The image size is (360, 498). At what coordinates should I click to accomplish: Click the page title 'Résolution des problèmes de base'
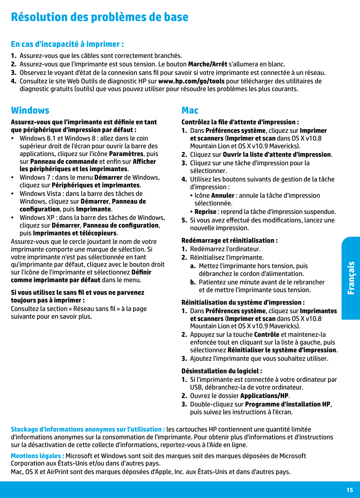click(x=100, y=17)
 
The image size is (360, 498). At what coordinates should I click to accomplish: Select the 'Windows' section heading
click(x=30, y=110)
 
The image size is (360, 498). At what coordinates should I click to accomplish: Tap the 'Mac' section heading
click(x=190, y=110)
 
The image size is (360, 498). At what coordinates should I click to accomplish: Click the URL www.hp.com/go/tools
click(x=191, y=81)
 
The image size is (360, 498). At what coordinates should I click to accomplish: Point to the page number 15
click(x=350, y=490)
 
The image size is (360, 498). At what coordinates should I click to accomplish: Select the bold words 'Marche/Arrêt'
click(x=208, y=64)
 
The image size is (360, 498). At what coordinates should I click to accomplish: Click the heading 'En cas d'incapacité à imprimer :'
click(x=67, y=44)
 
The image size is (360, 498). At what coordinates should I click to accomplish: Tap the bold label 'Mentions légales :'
click(x=37, y=456)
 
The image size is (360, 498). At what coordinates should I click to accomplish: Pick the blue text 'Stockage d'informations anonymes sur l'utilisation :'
click(x=88, y=429)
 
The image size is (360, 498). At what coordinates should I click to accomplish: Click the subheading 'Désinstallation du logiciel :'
click(x=222, y=371)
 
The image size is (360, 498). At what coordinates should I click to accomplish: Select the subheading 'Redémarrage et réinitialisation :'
click(x=229, y=241)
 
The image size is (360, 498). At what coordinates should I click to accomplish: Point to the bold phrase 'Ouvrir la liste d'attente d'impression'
click(x=277, y=155)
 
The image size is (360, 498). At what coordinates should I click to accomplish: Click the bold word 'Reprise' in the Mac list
click(x=205, y=212)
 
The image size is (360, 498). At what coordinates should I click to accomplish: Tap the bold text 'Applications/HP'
click(x=264, y=396)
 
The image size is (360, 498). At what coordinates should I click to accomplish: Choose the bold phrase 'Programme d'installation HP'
click(x=288, y=404)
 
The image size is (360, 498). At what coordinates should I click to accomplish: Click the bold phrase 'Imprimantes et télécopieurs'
click(x=75, y=233)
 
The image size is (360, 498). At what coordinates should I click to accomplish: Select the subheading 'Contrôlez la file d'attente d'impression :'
click(x=240, y=122)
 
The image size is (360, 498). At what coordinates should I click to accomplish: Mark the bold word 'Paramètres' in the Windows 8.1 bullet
click(x=126, y=154)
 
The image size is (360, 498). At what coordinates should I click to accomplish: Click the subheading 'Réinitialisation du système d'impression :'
click(x=243, y=302)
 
